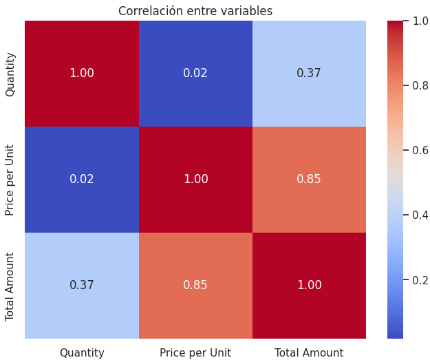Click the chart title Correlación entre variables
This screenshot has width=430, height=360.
pos(195,11)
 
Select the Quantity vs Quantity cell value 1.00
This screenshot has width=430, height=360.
pos(82,73)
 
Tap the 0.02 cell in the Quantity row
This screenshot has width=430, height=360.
pos(195,73)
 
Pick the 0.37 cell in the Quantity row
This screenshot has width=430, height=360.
pos(309,73)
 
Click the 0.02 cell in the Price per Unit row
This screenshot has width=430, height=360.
pos(82,179)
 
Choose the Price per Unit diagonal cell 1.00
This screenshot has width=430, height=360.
pos(196,179)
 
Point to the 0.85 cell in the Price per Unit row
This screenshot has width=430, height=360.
pos(309,179)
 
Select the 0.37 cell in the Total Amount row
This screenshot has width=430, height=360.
pos(82,285)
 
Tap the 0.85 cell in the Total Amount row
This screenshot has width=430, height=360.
pos(195,285)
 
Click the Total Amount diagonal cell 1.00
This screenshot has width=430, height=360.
pos(310,285)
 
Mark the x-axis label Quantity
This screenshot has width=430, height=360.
pos(82,353)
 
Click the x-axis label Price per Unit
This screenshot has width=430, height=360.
pos(195,352)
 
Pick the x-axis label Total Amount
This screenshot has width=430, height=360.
pos(309,352)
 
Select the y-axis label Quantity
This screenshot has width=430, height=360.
pos(10,74)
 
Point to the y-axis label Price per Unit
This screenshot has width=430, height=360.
pos(10,180)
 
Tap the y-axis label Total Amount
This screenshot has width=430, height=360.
pos(10,287)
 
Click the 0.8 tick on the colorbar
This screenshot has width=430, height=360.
pos(420,85)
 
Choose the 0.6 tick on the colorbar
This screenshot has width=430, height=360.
pos(420,150)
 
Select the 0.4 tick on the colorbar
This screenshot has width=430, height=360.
pos(420,215)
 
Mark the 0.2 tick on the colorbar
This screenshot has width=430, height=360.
pos(420,280)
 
